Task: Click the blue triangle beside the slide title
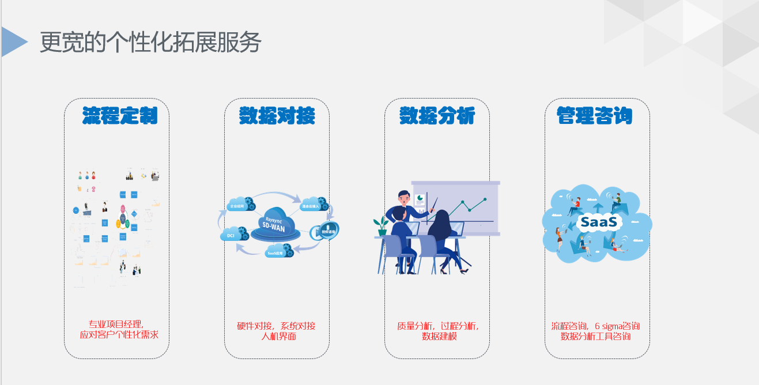(13, 41)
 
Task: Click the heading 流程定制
(120, 116)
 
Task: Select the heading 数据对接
(277, 116)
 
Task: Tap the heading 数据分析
(437, 116)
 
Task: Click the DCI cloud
(231, 235)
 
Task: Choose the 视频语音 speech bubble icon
(326, 231)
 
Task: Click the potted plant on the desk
(381, 225)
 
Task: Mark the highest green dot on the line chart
(485, 199)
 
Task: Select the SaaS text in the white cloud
(599, 221)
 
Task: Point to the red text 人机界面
(278, 336)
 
